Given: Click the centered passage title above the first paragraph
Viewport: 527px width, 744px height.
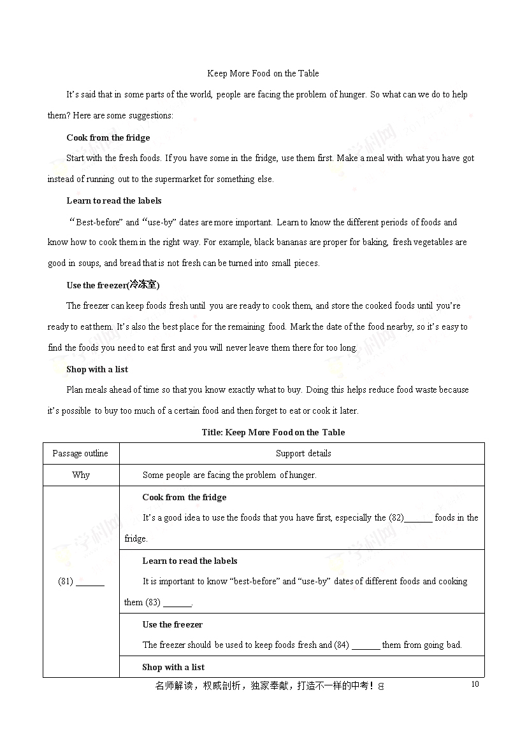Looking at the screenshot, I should click(263, 73).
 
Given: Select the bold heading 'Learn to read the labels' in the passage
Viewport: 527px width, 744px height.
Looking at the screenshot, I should click(114, 200).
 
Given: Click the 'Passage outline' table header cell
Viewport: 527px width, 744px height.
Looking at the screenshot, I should click(80, 454).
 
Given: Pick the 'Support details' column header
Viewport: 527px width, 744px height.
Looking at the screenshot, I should click(303, 454).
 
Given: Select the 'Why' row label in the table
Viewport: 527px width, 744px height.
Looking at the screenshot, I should click(81, 475).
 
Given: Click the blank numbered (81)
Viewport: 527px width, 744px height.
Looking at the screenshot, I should click(90, 582).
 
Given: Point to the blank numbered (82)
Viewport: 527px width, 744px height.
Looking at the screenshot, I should click(419, 518).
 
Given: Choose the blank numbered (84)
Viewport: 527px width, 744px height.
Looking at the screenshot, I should click(366, 645).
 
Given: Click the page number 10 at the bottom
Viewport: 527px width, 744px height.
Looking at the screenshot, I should click(474, 684).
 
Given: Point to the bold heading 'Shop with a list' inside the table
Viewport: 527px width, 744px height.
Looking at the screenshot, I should click(173, 667).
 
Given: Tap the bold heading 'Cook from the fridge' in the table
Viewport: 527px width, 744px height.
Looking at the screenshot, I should click(184, 497).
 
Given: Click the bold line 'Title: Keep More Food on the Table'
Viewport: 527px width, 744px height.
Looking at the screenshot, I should click(273, 432).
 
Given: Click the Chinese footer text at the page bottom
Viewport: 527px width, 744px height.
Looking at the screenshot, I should click(268, 686).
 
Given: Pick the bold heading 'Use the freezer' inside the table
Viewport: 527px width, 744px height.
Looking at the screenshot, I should click(172, 624).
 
